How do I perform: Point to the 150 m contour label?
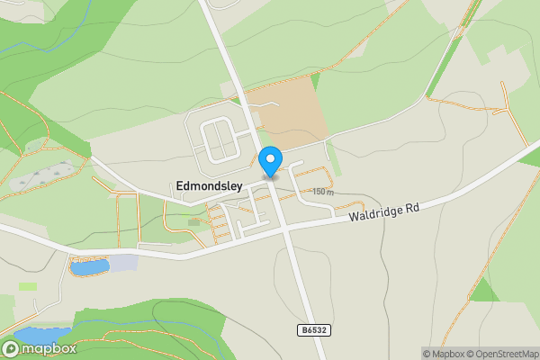pos(323,192)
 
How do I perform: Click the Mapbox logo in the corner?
pos(40,348)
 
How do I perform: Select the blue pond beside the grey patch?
pos(89,266)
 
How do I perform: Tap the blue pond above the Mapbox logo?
pos(40,335)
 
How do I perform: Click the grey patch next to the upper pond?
pos(123,263)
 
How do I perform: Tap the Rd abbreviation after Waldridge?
pos(412,205)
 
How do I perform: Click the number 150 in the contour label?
pos(319,192)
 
